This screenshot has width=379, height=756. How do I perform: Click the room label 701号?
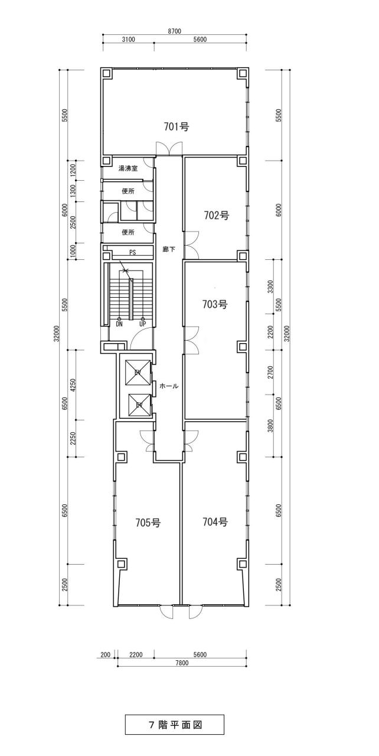tap(177, 126)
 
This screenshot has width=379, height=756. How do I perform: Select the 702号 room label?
tap(217, 215)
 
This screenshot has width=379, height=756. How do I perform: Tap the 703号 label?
tap(215, 304)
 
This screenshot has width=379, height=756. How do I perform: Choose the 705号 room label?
tap(148, 523)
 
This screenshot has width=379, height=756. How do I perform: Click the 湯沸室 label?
tap(128, 168)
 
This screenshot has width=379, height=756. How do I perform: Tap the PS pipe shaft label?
tap(132, 252)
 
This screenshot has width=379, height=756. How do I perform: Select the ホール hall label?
tap(169, 386)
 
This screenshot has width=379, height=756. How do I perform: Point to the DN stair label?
tap(119, 324)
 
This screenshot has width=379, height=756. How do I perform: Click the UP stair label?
tap(143, 324)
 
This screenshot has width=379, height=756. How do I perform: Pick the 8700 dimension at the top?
tap(174, 31)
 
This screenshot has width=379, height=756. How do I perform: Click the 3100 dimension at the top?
tap(128, 40)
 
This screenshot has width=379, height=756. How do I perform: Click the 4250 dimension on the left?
tap(73, 384)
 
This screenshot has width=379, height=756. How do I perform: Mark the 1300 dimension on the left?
tap(73, 191)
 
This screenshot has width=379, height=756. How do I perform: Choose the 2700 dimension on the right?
tap(270, 372)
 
